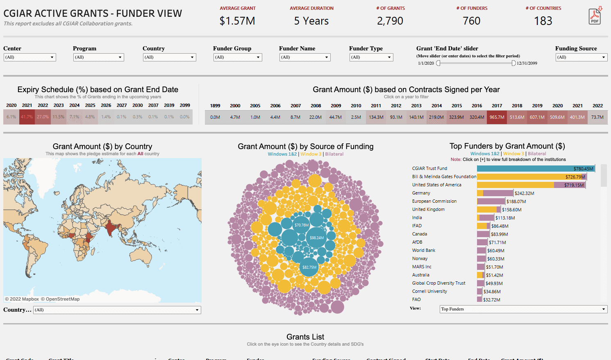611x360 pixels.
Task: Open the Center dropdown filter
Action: coord(30,57)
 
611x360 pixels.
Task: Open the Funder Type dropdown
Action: coord(371,57)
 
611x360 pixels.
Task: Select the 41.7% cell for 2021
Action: coord(27,117)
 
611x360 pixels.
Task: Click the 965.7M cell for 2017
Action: coord(497,117)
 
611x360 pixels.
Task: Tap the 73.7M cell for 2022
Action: coord(597,117)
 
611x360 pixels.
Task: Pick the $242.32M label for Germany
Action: coord(525,193)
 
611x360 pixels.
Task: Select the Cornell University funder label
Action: coord(429,291)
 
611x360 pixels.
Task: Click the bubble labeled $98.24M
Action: coord(316,238)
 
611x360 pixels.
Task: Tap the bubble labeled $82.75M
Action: coord(309,267)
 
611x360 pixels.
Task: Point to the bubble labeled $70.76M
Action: coord(302,225)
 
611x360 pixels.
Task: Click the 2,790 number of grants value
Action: coord(390,21)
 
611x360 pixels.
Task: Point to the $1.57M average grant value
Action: coord(237,21)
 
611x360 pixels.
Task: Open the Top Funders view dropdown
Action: coord(523,309)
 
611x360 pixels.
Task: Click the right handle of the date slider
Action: coord(514,63)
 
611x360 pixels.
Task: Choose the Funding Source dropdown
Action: coord(581,57)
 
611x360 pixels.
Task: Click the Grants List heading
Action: coord(305,337)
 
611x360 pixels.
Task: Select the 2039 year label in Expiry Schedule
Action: coord(169,105)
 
